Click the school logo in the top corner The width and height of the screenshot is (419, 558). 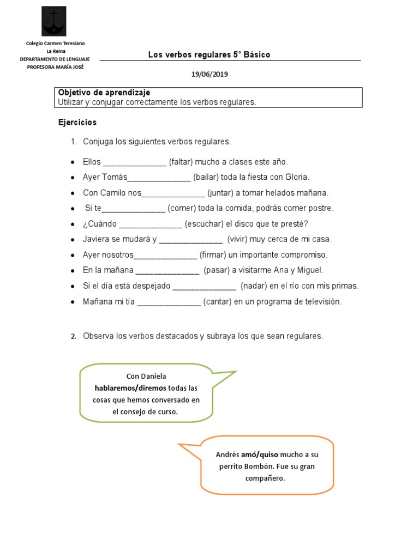tap(54, 21)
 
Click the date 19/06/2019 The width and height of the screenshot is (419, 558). tap(209, 74)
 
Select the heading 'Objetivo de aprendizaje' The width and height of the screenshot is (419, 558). tap(104, 93)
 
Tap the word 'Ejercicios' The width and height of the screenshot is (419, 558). tap(77, 123)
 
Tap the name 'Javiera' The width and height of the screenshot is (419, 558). tap(97, 239)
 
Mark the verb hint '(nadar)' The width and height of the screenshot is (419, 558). tap(253, 286)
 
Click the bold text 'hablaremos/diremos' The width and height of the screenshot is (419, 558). tap(130, 388)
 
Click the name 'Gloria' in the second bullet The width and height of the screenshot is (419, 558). tap(297, 177)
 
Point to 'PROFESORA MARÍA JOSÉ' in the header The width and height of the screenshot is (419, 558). tap(56, 67)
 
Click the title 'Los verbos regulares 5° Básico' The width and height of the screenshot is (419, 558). tap(209, 54)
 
